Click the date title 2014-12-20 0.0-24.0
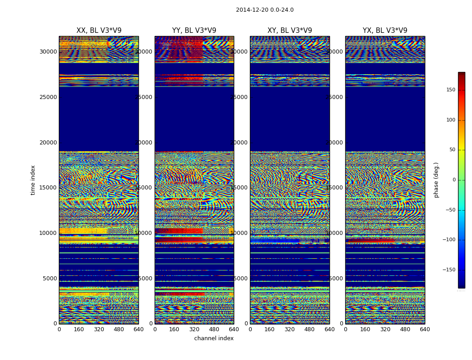pos(264,10)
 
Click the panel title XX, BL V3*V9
pos(99,31)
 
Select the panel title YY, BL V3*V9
pos(194,31)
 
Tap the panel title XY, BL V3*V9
pos(289,31)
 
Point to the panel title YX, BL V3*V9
pos(385,31)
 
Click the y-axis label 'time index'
pos(33,180)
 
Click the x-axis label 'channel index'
pos(214,338)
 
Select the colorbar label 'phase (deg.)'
pos(436,180)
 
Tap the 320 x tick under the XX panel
pos(99,329)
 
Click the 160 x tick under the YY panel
pos(174,329)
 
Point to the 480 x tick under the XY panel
pos(310,329)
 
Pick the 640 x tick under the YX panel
pos(425,329)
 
